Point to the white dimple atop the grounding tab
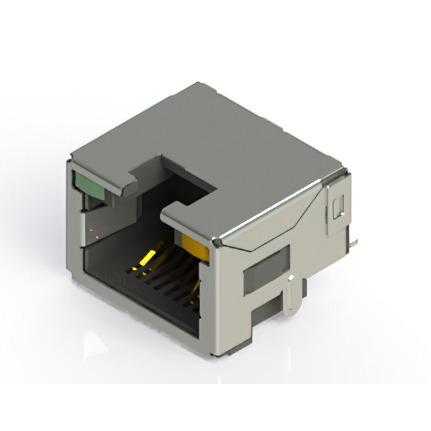click(x=290, y=277)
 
